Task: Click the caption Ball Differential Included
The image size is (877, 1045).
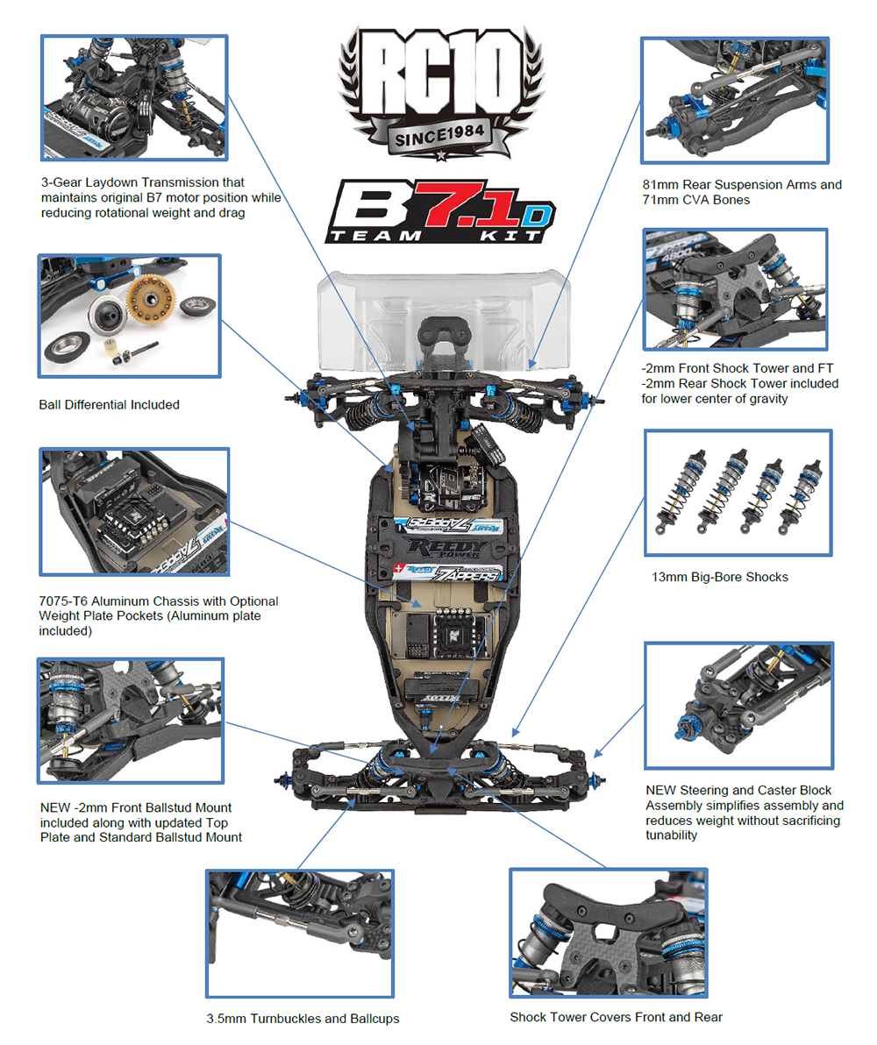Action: (x=109, y=404)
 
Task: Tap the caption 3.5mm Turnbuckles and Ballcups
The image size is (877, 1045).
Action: (x=303, y=1019)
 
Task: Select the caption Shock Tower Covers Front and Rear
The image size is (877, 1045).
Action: (x=617, y=1017)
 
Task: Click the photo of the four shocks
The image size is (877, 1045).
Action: (x=738, y=493)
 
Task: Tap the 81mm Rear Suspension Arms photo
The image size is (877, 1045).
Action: (x=735, y=100)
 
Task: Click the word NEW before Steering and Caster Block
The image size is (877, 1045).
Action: (x=663, y=790)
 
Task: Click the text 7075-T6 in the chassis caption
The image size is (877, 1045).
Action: (x=70, y=601)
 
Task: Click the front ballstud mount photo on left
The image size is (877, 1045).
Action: (x=130, y=721)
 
